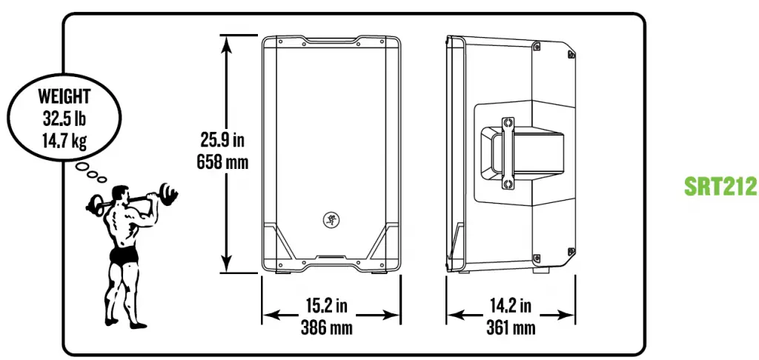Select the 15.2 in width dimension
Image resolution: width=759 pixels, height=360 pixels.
[x=331, y=304]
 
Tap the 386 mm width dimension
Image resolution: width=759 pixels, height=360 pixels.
[x=331, y=327]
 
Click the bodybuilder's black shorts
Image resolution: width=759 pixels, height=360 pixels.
[x=123, y=256]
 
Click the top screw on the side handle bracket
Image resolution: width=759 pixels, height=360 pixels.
[x=508, y=121]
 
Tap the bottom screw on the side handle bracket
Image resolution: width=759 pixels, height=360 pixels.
[x=508, y=183]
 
